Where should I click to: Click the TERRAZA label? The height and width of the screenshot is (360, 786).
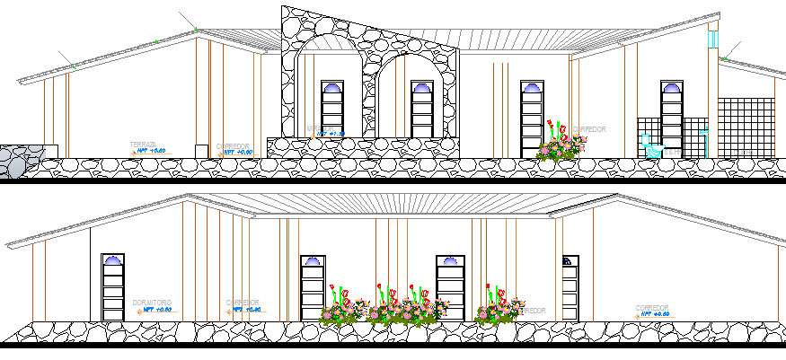pyautogui.click(x=143, y=145)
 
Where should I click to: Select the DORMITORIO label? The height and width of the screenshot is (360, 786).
pyautogui.click(x=151, y=303)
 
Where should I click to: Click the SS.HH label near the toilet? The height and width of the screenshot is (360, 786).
pyautogui.click(x=672, y=152)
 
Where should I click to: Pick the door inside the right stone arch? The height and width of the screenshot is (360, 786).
pyautogui.click(x=422, y=109)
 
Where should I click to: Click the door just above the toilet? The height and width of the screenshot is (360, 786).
pyautogui.click(x=671, y=113)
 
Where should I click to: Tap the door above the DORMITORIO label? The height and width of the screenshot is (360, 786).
pyautogui.click(x=113, y=286)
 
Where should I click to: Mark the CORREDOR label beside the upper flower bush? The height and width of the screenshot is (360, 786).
pyautogui.click(x=589, y=129)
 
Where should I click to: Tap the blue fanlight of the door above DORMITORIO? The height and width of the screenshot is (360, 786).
pyautogui.click(x=113, y=260)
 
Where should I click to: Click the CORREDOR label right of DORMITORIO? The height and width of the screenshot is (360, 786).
pyautogui.click(x=243, y=302)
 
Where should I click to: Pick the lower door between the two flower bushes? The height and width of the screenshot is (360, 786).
pyautogui.click(x=450, y=286)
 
